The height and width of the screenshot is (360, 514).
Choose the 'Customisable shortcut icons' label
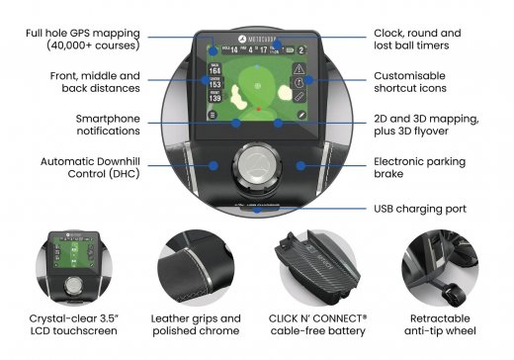pos(415,83)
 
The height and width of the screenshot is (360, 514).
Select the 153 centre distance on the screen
pos(215,85)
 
